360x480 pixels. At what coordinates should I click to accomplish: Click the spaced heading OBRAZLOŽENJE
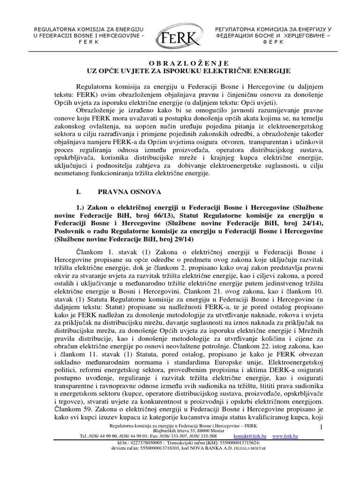point(180,62)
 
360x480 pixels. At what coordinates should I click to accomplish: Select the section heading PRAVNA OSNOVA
point(130,192)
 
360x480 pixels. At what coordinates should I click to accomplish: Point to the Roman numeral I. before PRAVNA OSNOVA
point(79,192)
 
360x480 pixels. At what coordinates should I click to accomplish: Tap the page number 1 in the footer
point(322,427)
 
